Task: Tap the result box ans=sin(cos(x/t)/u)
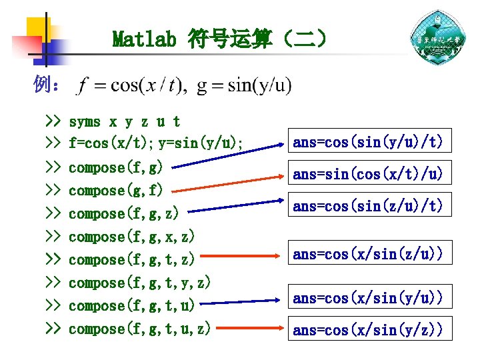click(368, 174)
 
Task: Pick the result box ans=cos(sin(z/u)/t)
click(368, 207)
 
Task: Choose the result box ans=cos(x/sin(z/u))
click(368, 253)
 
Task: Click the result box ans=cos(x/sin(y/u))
click(368, 297)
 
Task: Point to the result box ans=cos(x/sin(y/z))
click(368, 329)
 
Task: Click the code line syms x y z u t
click(125, 122)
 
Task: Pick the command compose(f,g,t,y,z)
click(140, 283)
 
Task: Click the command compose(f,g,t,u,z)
click(140, 329)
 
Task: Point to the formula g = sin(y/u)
click(243, 87)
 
